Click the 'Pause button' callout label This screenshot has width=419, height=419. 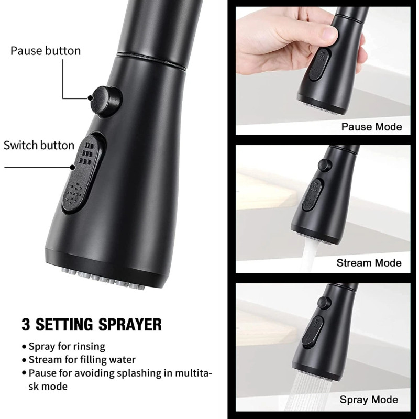pyautogui.click(x=46, y=51)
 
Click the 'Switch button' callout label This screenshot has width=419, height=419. pyautogui.click(x=39, y=146)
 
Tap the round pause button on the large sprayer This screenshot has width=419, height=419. pyautogui.click(x=105, y=102)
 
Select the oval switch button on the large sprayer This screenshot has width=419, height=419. pyautogui.click(x=82, y=174)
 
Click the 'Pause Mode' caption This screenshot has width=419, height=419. pyautogui.click(x=371, y=127)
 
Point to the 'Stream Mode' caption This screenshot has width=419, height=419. pyautogui.click(x=369, y=263)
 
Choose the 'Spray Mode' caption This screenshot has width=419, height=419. pyautogui.click(x=369, y=400)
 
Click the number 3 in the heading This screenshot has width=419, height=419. pyautogui.click(x=26, y=324)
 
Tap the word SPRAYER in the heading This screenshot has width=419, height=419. pyautogui.click(x=130, y=324)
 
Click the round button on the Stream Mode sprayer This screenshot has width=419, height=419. pyautogui.click(x=325, y=165)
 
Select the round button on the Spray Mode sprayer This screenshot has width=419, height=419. pyautogui.click(x=324, y=302)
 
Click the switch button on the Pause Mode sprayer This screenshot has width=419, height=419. pyautogui.click(x=319, y=64)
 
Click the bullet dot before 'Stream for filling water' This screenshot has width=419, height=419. pyautogui.click(x=24, y=360)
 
